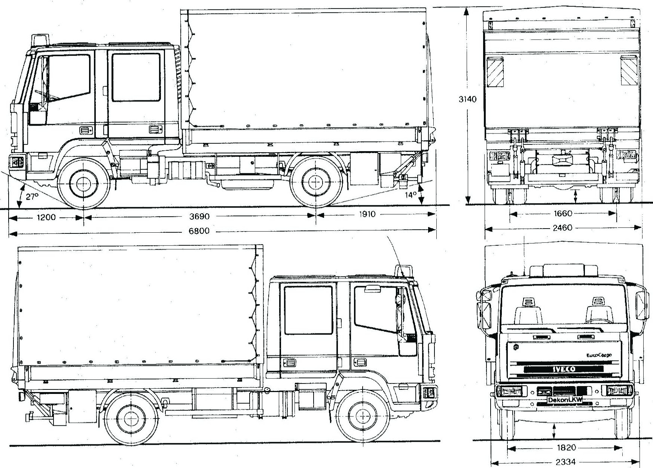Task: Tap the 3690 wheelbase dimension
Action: [x=199, y=216]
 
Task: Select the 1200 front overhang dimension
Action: [x=46, y=217]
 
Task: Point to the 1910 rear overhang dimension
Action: [x=367, y=215]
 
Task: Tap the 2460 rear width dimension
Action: [x=562, y=227]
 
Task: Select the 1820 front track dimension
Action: [x=565, y=448]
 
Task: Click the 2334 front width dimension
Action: [x=565, y=462]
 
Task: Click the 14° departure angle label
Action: [x=411, y=195]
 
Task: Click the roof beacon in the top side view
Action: [x=41, y=40]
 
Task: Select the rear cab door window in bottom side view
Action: [x=308, y=310]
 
